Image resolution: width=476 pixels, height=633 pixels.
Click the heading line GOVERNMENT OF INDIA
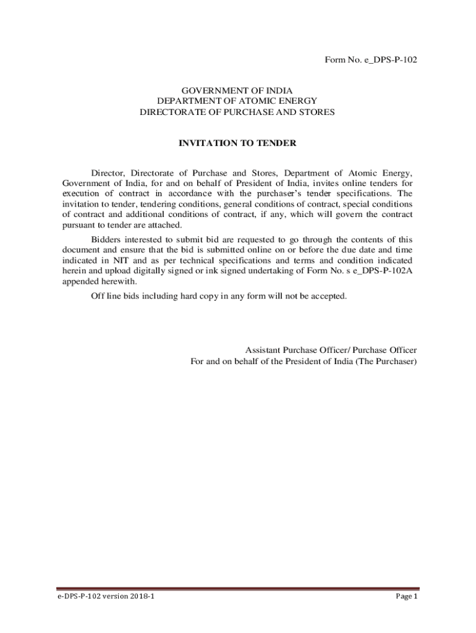pyautogui.click(x=237, y=90)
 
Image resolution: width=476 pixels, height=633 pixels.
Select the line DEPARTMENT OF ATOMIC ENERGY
pyautogui.click(x=237, y=101)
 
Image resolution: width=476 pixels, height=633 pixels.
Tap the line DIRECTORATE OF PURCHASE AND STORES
pyautogui.click(x=237, y=112)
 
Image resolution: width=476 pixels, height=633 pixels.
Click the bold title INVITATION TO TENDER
pyautogui.click(x=237, y=143)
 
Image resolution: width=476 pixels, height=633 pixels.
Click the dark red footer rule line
pyautogui.click(x=238, y=588)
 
